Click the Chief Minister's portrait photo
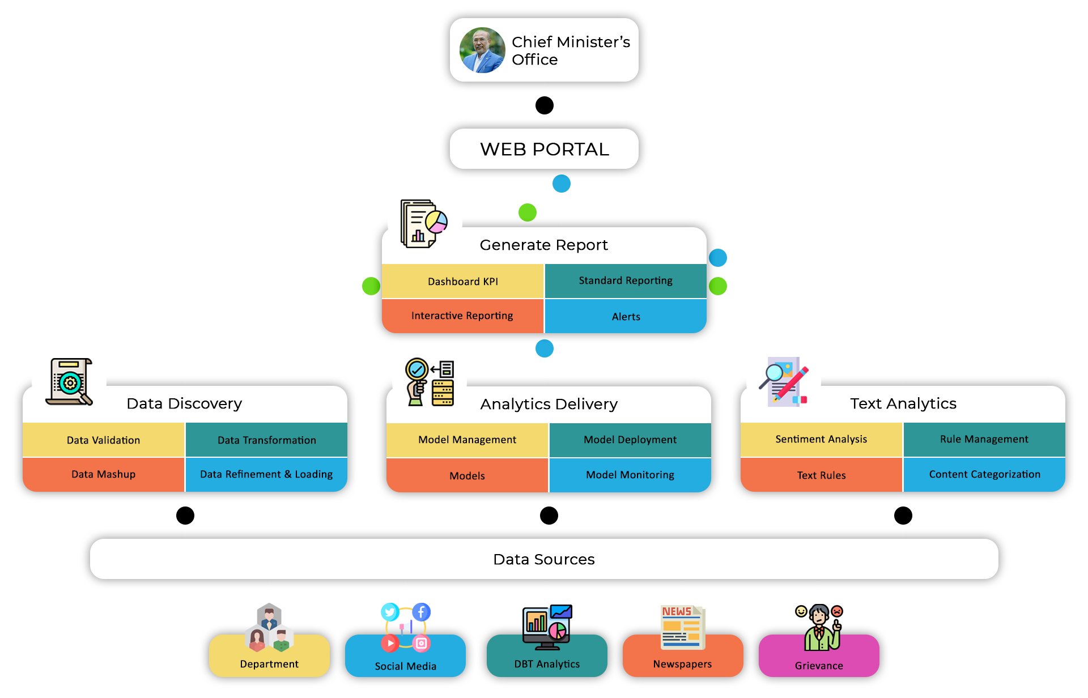[482, 50]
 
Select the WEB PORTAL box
[544, 149]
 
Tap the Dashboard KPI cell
[462, 282]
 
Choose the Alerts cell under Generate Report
[626, 316]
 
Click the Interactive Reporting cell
[462, 316]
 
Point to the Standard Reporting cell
[626, 281]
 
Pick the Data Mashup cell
[103, 474]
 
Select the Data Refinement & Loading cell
[266, 474]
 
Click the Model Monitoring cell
[630, 475]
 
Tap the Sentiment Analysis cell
[821, 439]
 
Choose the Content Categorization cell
[984, 474]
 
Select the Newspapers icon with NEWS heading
[682, 627]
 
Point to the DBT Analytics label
[547, 664]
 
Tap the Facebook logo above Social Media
[421, 612]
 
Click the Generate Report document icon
[423, 223]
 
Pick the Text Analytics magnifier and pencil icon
[784, 381]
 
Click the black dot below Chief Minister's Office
[544, 105]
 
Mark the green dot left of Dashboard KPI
[371, 286]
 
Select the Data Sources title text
[544, 559]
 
